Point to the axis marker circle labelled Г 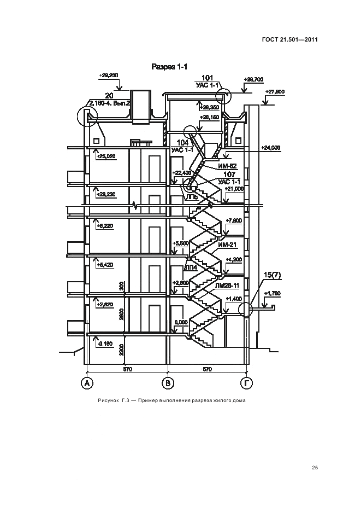click(x=247, y=383)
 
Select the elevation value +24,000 click(x=270, y=148)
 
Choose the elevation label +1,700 click(x=271, y=294)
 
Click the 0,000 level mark click(x=180, y=323)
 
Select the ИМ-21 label click(x=226, y=245)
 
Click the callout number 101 click(x=208, y=78)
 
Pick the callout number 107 click(x=229, y=174)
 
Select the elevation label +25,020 click(x=105, y=156)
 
